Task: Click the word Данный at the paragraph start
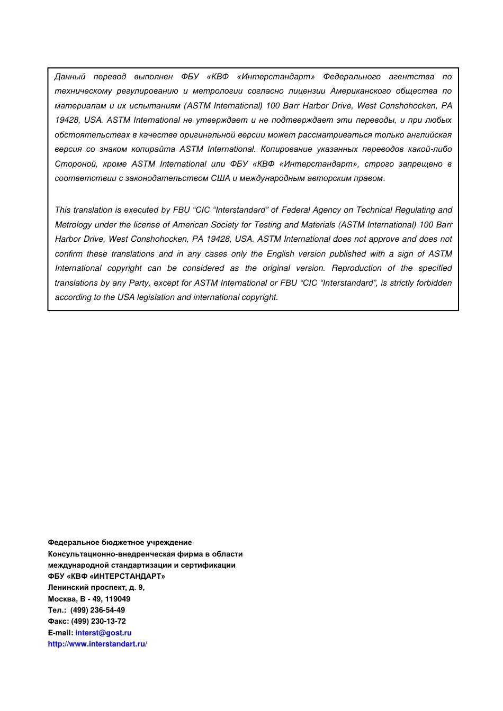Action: [x=70, y=77]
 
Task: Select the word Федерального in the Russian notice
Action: [x=352, y=77]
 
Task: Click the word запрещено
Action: [x=420, y=164]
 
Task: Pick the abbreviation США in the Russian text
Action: [x=220, y=178]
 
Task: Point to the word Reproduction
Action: [x=356, y=268]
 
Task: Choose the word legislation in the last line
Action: [x=156, y=297]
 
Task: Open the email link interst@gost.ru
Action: [x=103, y=633]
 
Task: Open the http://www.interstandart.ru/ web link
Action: [x=97, y=644]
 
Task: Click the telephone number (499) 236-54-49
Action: [x=97, y=610]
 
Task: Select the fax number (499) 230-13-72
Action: [x=98, y=621]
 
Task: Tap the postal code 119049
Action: [x=118, y=599]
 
